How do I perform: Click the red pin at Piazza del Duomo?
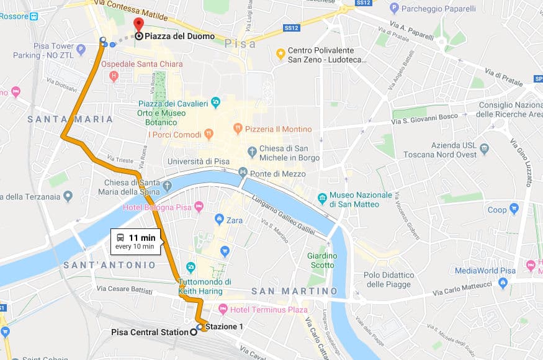138,24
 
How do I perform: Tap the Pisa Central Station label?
149,332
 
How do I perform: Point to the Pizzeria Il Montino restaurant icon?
237,128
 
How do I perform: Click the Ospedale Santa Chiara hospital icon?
113,76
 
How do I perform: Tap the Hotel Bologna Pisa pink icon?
199,206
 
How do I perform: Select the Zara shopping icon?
219,219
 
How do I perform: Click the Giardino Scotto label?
322,260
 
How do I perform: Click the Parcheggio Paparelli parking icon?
394,8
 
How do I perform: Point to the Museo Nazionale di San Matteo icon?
322,199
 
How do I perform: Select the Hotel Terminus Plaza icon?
222,309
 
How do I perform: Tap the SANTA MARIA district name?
70,119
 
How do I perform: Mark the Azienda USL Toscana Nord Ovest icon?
485,149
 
